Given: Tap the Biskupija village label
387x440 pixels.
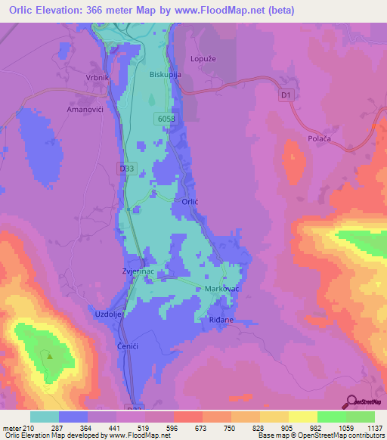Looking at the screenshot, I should click(x=165, y=75).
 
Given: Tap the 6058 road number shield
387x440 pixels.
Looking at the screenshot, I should click(x=167, y=119).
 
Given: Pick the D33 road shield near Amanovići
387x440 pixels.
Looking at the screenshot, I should click(x=127, y=169).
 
